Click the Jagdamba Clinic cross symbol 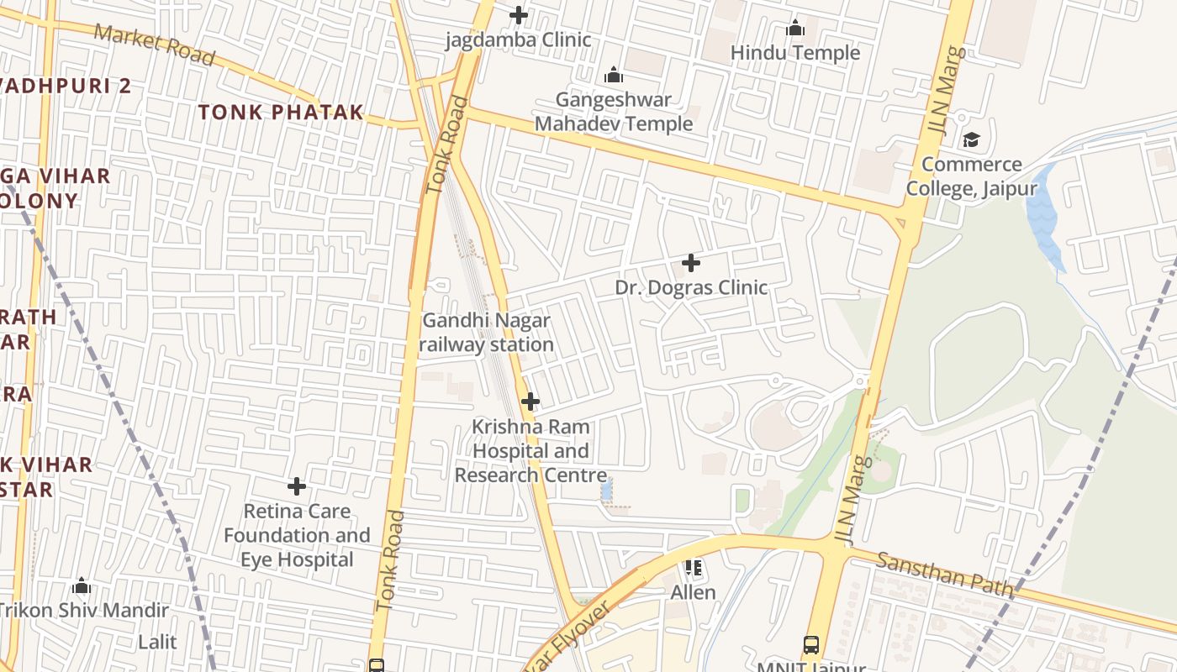click(519, 15)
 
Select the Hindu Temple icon click(794, 29)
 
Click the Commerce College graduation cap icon click(971, 139)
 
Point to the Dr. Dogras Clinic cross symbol click(690, 263)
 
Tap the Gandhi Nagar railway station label click(486, 332)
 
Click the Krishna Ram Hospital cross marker click(530, 402)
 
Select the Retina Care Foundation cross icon click(296, 486)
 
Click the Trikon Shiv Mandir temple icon click(82, 585)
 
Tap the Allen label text click(693, 592)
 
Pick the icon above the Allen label click(693, 569)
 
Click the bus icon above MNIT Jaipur click(810, 645)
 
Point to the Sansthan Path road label click(944, 575)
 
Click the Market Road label click(154, 44)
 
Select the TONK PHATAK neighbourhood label click(281, 112)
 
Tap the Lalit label click(157, 642)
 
